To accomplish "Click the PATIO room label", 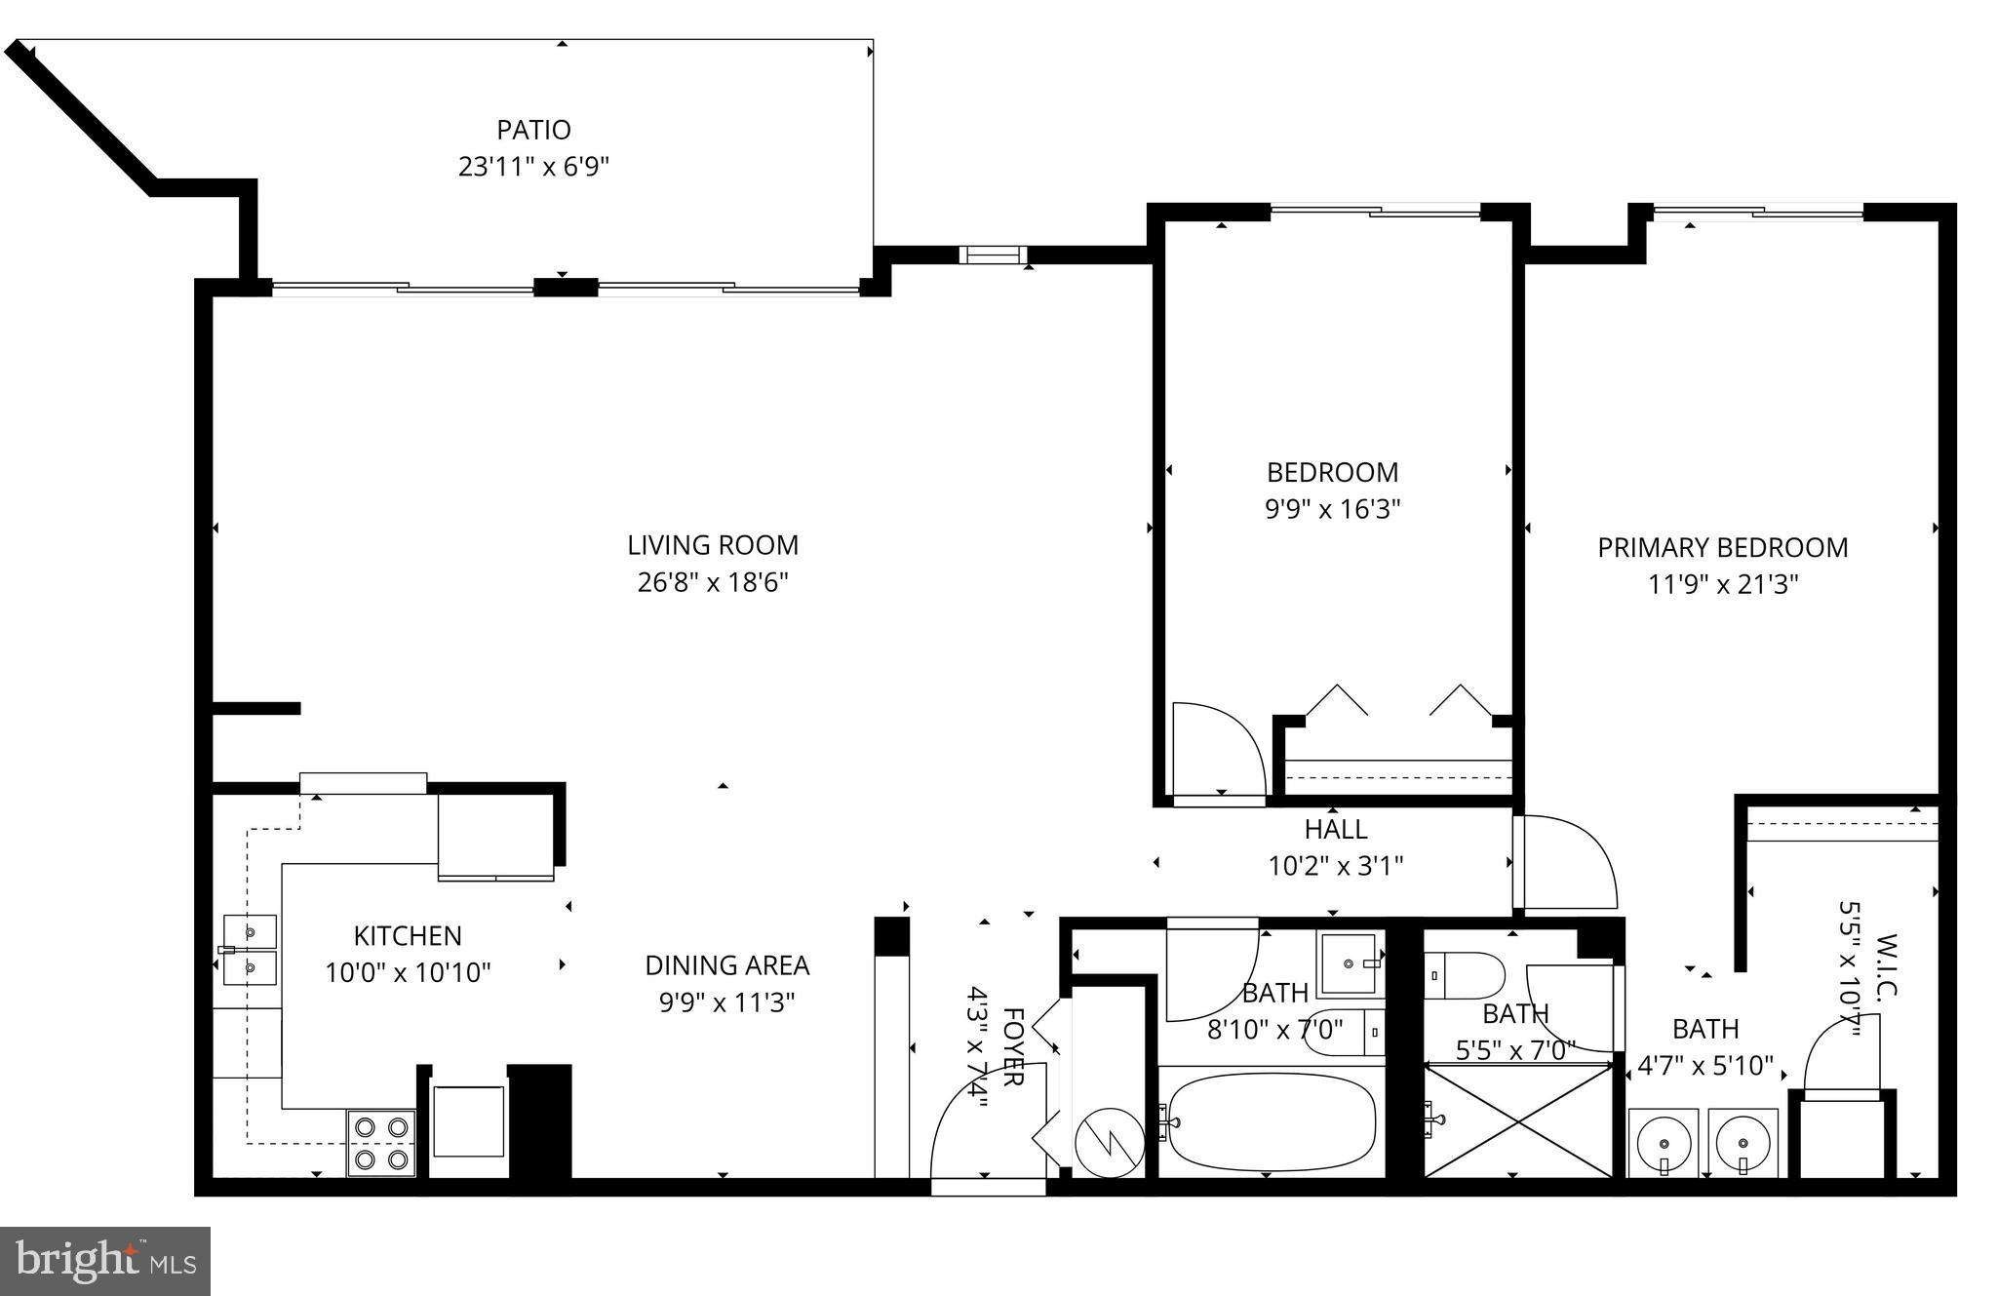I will coord(533,130).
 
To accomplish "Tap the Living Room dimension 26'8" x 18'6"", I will coord(713,583).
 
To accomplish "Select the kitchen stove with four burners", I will coord(381,1143).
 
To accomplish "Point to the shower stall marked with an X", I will coord(1518,1121).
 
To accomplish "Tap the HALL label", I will coord(1336,830).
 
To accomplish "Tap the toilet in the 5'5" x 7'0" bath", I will coord(1465,976).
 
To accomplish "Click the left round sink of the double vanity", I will coord(1664,1143).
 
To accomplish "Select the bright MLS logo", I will coord(105,1261).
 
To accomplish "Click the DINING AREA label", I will coord(727,965).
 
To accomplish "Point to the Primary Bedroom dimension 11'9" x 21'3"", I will coord(1723,585).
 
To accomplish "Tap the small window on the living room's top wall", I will coord(994,255).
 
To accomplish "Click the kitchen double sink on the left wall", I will coord(250,951).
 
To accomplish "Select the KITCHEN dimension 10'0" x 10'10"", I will coord(408,973).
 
